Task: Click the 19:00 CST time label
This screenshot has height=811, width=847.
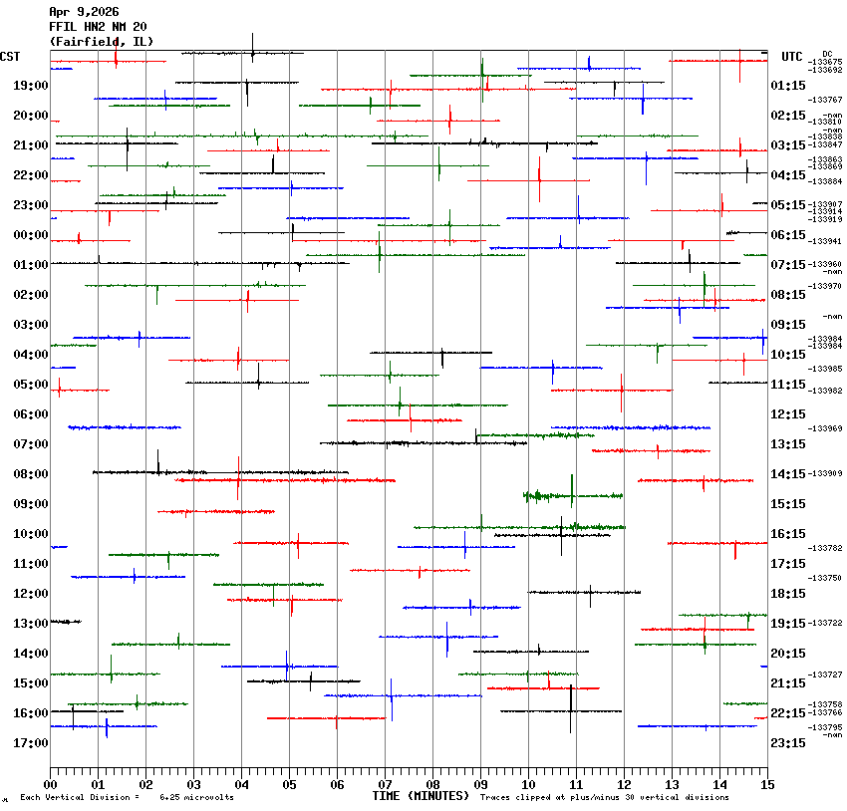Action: (x=30, y=86)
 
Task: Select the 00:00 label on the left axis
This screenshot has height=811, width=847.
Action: (x=30, y=235)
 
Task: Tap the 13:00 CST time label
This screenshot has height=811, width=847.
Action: (x=30, y=624)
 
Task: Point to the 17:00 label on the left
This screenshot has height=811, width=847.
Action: (x=30, y=743)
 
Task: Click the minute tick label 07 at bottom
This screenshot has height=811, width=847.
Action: (x=385, y=784)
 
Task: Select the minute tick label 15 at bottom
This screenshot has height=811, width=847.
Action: (x=766, y=784)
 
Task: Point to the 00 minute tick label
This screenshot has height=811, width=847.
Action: (x=51, y=784)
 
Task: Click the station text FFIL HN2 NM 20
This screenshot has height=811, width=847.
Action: (x=98, y=27)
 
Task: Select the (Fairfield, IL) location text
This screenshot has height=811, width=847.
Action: (x=101, y=42)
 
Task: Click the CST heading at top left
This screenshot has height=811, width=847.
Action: (x=11, y=57)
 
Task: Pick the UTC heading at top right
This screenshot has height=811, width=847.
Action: (x=792, y=57)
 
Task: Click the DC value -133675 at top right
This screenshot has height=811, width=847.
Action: (x=826, y=62)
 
